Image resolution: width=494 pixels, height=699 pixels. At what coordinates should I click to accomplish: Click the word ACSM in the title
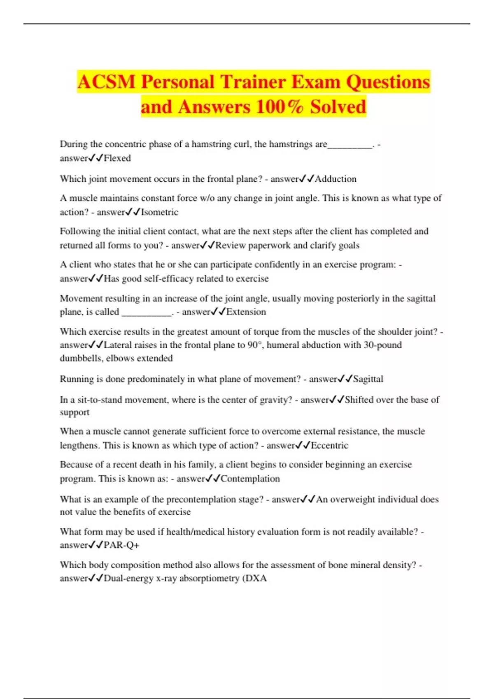click(106, 82)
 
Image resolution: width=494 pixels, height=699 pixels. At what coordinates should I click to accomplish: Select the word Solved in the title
click(338, 107)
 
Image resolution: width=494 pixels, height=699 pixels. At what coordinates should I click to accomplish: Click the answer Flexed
click(117, 158)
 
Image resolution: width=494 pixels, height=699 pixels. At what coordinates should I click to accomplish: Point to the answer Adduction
click(336, 179)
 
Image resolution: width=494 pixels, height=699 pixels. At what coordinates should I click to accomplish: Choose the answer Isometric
click(160, 212)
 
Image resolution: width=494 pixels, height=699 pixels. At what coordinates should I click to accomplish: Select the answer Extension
click(246, 312)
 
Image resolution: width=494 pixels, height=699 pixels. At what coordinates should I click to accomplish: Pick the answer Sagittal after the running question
click(368, 379)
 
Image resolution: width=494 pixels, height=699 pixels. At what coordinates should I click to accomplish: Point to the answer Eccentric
click(329, 445)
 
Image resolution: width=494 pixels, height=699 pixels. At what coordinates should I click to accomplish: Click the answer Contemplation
click(250, 479)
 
